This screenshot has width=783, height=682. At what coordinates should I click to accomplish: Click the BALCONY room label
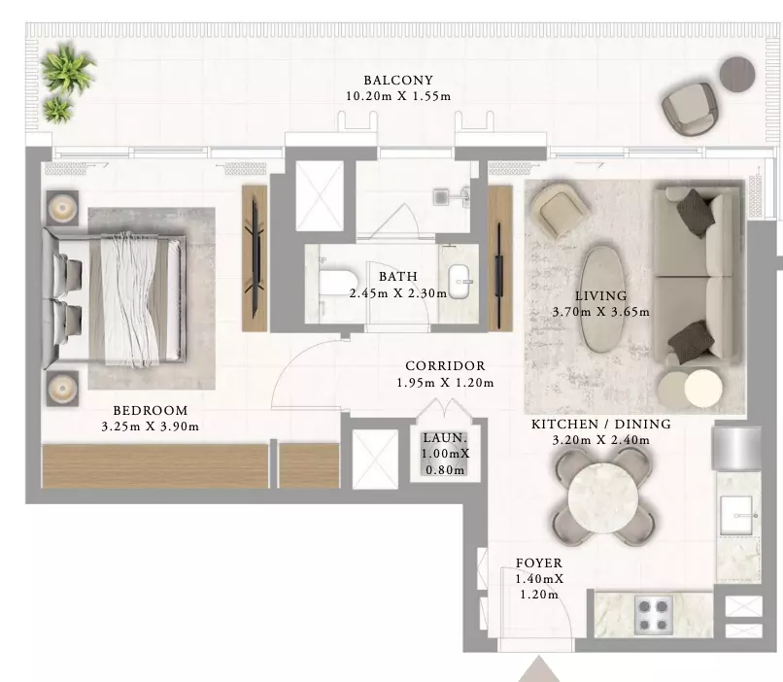pyautogui.click(x=398, y=80)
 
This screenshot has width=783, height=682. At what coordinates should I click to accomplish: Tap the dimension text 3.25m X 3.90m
pyautogui.click(x=151, y=426)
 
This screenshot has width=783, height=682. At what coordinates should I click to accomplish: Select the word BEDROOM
pyautogui.click(x=151, y=410)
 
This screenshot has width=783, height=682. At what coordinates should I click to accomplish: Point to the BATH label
pyautogui.click(x=398, y=276)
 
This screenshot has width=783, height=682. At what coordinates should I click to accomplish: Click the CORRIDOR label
pyautogui.click(x=446, y=366)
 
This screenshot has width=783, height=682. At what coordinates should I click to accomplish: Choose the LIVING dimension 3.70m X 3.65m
pyautogui.click(x=601, y=312)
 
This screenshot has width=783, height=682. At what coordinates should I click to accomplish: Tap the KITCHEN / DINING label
pyautogui.click(x=601, y=424)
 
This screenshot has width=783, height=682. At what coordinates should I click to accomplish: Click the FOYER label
pyautogui.click(x=539, y=563)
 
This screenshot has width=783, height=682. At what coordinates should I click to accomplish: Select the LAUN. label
pyautogui.click(x=445, y=438)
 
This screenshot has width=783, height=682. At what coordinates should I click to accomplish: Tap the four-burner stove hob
pyautogui.click(x=654, y=615)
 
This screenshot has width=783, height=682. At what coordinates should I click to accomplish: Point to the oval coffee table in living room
pyautogui.click(x=600, y=297)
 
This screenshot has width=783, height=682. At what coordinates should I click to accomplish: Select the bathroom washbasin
pyautogui.click(x=460, y=281)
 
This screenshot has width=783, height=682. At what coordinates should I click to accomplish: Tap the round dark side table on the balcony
pyautogui.click(x=737, y=74)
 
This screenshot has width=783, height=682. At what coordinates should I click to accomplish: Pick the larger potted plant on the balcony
pyautogui.click(x=66, y=68)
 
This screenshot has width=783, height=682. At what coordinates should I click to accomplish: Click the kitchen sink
pyautogui.click(x=737, y=514)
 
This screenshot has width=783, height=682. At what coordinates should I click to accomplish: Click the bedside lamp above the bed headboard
pyautogui.click(x=62, y=207)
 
